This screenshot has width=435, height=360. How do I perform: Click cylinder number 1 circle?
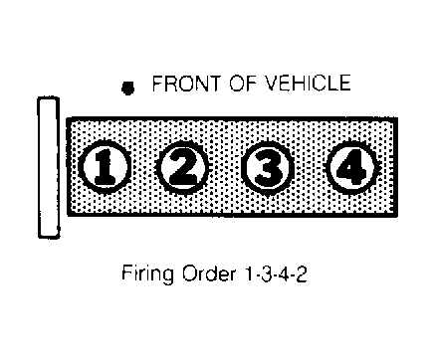(104, 167)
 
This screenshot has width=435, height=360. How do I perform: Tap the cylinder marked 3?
(268, 168)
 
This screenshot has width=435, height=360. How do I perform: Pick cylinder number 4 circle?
(351, 168)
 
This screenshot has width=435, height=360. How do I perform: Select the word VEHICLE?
(309, 83)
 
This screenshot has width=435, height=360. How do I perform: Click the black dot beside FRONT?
(127, 89)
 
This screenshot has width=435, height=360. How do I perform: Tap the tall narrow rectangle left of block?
(49, 167)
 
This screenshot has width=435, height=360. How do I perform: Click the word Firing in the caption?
(147, 274)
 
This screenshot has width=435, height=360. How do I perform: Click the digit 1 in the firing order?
(249, 273)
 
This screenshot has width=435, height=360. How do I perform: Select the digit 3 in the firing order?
(266, 273)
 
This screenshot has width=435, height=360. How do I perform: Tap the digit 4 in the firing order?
(283, 273)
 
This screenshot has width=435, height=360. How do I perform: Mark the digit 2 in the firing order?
(301, 273)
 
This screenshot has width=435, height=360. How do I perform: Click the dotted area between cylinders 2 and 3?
(226, 168)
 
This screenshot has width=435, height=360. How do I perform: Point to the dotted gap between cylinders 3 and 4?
(310, 168)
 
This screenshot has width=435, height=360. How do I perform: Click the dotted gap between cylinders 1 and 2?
(143, 168)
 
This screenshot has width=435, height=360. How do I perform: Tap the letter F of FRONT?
(157, 84)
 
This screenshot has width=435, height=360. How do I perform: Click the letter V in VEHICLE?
(274, 83)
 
